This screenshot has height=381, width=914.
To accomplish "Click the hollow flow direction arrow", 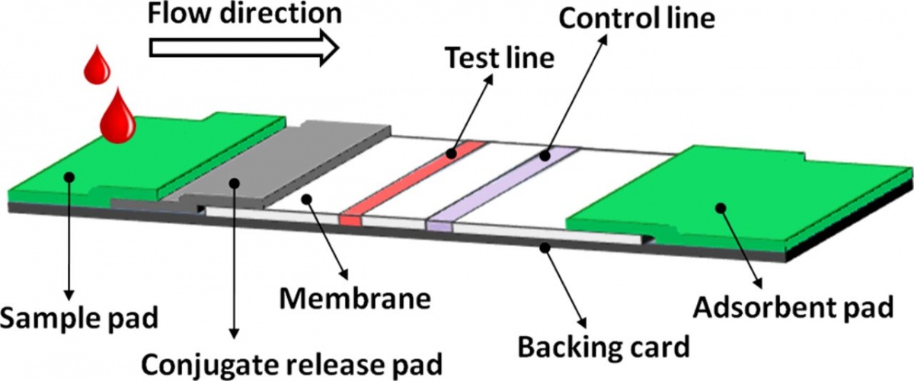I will click(244, 47).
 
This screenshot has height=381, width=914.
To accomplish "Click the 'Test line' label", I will click(498, 56).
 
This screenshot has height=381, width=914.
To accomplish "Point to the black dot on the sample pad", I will click(69, 176).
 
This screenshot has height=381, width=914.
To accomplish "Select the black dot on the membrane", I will click(307, 200).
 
